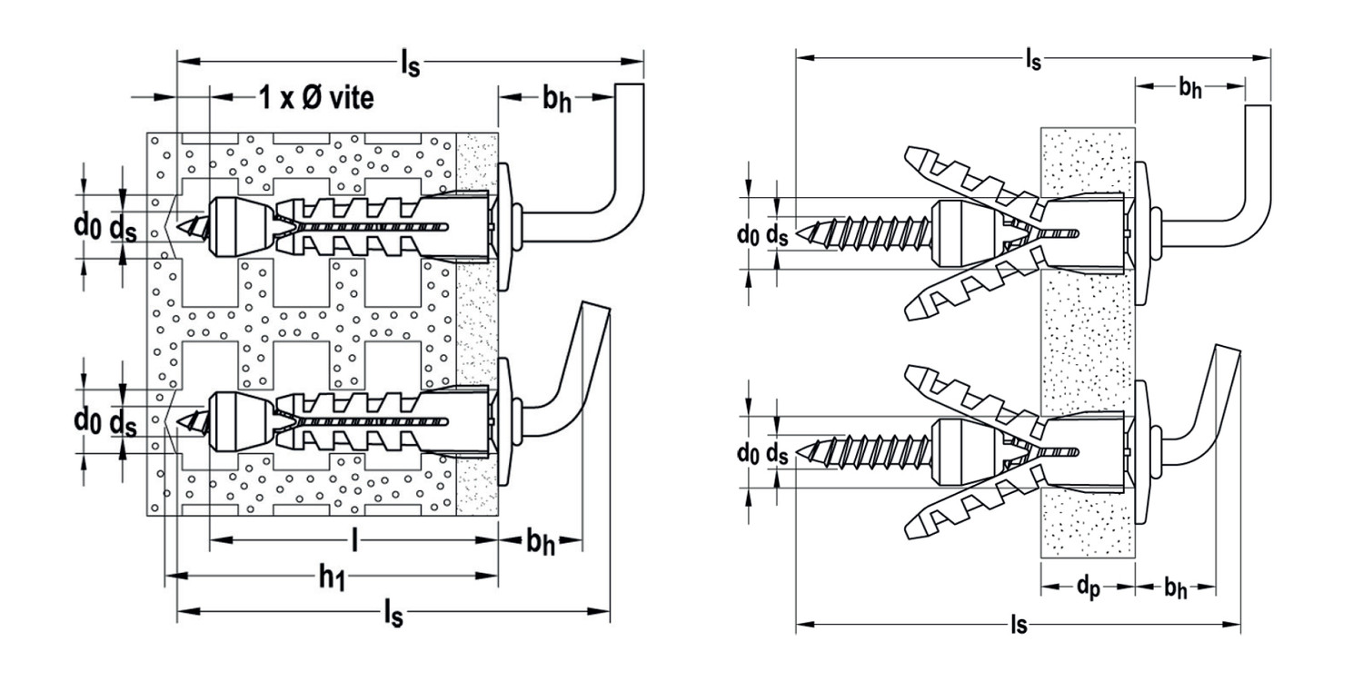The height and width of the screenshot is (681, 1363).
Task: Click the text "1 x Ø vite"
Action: (315, 99)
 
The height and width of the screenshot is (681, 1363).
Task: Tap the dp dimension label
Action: (1088, 588)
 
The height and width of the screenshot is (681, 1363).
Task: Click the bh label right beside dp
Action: (1175, 588)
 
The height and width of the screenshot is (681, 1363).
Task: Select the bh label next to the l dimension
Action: (540, 542)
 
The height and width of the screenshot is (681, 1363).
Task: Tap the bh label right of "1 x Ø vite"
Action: (557, 99)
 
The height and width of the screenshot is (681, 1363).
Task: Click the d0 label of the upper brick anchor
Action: (87, 227)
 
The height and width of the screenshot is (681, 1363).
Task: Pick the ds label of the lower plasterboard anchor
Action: (776, 453)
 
